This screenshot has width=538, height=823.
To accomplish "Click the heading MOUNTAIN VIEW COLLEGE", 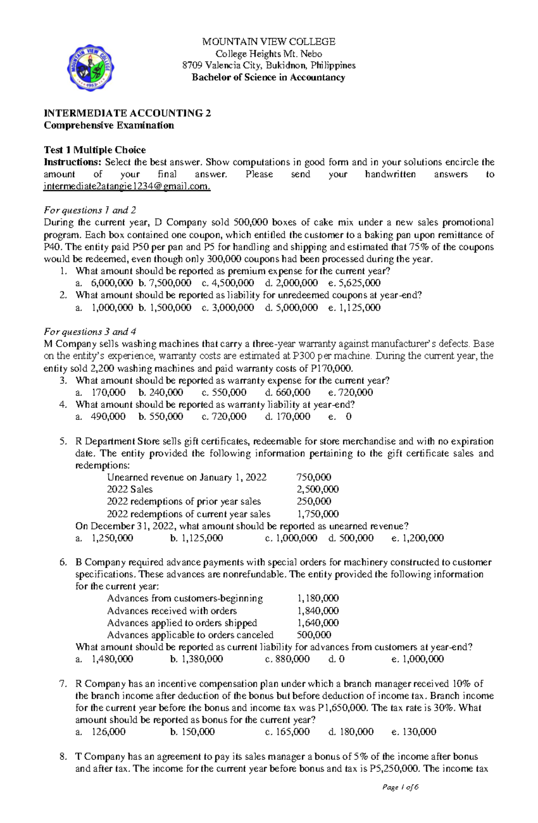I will (269, 42).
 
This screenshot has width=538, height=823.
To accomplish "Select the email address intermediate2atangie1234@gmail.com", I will (126, 187).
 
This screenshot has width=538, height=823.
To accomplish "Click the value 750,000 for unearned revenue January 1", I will (314, 477).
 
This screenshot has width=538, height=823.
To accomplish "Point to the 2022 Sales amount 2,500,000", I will (317, 489).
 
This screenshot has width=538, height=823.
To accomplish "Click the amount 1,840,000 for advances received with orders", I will (318, 611).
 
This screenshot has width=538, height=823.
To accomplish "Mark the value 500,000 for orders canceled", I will (314, 635).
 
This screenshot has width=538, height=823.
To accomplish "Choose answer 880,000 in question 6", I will (293, 659).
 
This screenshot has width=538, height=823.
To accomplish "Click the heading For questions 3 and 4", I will (90, 332).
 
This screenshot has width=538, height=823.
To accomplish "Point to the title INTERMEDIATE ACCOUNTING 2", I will (127, 113).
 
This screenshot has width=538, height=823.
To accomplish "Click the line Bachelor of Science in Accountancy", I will (269, 78).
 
